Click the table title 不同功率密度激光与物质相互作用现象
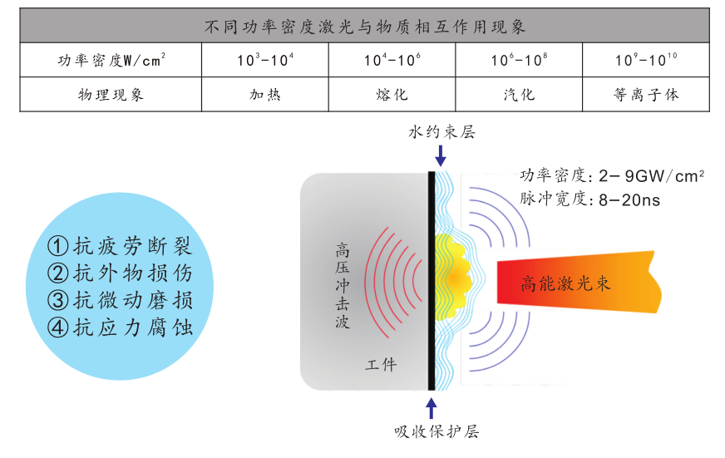click(x=364, y=26)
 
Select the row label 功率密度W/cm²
click(x=111, y=60)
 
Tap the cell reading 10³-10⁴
click(x=265, y=60)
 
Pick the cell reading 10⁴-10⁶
click(x=392, y=60)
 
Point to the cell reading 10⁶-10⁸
click(x=519, y=60)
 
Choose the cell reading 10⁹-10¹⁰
click(x=646, y=60)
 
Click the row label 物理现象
click(x=111, y=94)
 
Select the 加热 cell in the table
click(x=265, y=94)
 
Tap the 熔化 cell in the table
click(x=392, y=94)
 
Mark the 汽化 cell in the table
click(x=519, y=94)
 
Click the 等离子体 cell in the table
click(x=646, y=94)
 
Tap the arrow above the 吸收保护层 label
click(x=432, y=407)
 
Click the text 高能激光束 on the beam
click(x=565, y=283)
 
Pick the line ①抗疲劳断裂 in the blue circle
click(x=121, y=246)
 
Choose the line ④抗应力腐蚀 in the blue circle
click(x=121, y=327)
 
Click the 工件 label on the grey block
click(x=382, y=364)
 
